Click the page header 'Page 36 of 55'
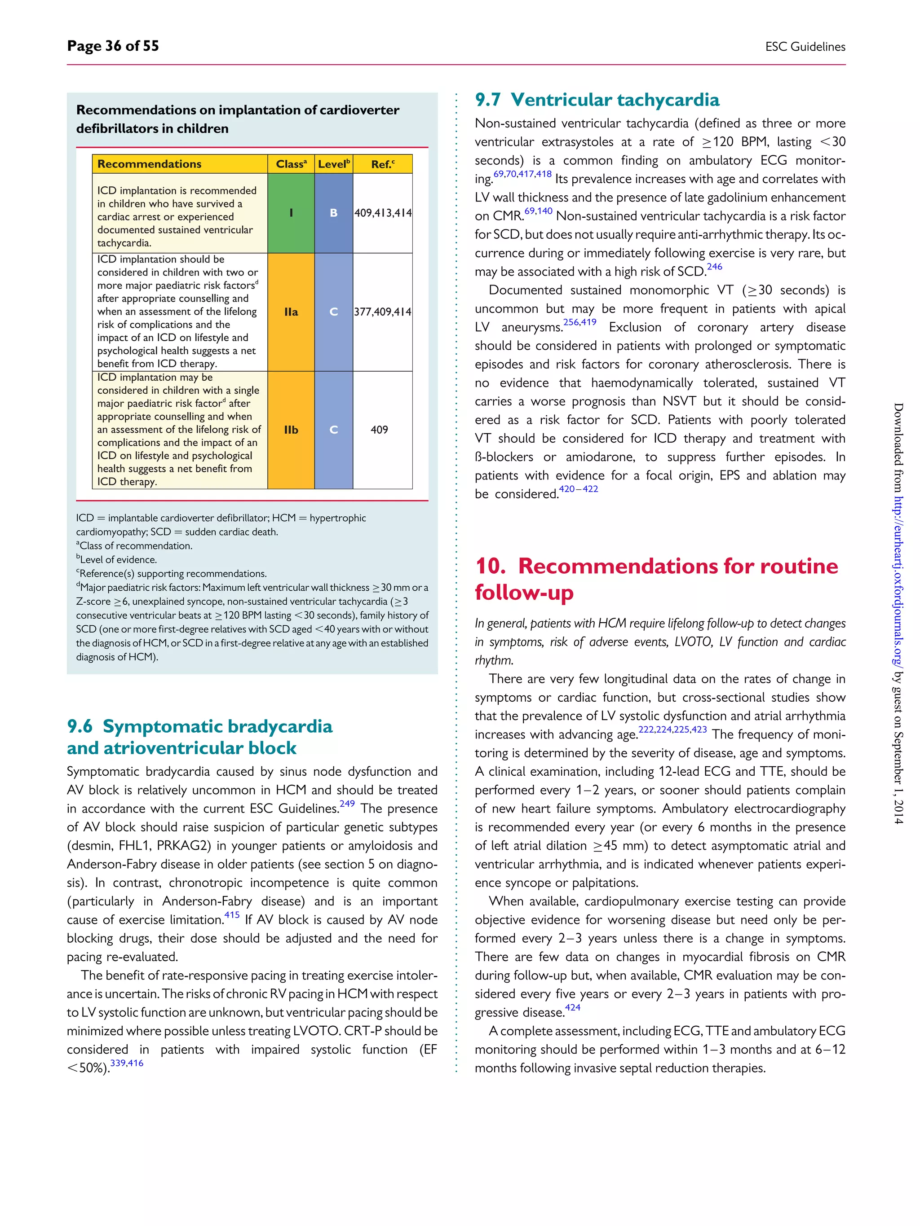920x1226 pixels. (113, 46)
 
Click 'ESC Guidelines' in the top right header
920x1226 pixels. (805, 47)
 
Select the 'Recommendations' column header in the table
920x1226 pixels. (149, 164)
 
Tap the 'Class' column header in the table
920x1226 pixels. (291, 164)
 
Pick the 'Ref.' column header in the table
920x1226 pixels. (383, 164)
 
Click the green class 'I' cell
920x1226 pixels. (291, 213)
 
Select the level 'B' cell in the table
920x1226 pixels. (333, 213)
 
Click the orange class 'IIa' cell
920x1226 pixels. (291, 312)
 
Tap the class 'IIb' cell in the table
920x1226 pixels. (291, 430)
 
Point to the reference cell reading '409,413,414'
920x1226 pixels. (383, 213)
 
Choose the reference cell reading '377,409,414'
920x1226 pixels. (383, 312)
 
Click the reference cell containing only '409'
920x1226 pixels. (379, 430)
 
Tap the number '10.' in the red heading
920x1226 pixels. (490, 566)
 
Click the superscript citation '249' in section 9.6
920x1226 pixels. (347, 804)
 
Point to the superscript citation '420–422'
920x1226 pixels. (579, 489)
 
